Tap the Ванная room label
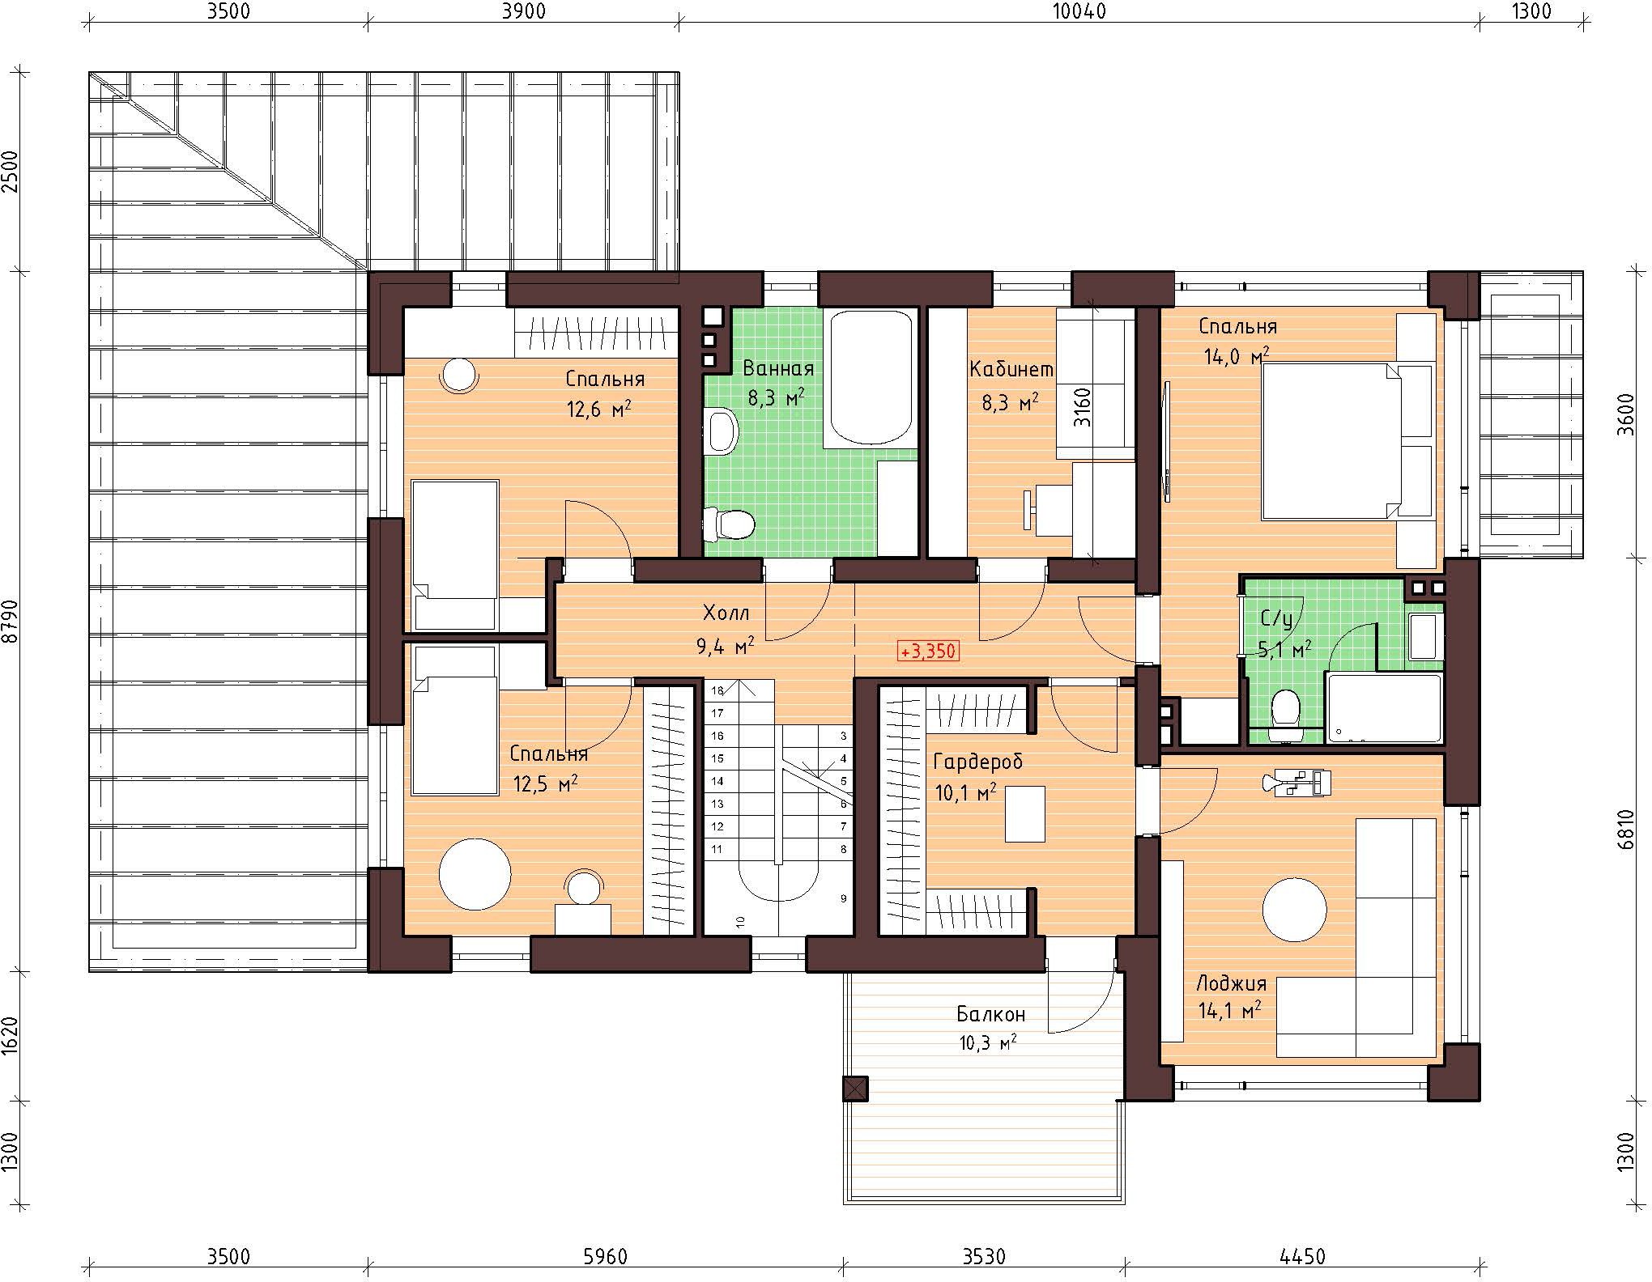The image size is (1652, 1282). [x=778, y=369]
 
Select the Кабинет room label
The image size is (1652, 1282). [x=1011, y=370]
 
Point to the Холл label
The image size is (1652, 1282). [x=726, y=613]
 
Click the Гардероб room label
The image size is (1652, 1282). [x=977, y=762]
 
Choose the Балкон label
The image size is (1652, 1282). [x=990, y=1014]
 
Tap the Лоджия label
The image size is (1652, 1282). [x=1231, y=984]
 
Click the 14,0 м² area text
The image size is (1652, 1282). [x=1237, y=356]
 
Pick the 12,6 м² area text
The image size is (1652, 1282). [x=598, y=410]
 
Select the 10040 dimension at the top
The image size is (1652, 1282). [x=1079, y=11]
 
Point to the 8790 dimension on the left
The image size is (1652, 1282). [x=11, y=621]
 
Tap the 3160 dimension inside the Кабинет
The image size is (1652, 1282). [x=1082, y=408]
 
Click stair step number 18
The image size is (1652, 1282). [x=717, y=691]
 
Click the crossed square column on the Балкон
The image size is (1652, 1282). [x=855, y=1089]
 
